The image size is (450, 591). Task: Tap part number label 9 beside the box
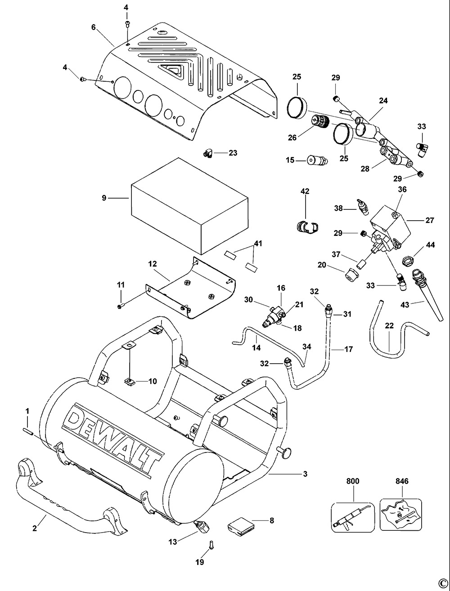[x=104, y=197]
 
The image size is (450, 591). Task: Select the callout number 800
[x=353, y=481]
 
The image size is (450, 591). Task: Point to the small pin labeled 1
[x=27, y=431]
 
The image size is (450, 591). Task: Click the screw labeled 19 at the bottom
[x=211, y=545]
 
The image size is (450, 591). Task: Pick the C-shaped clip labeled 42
[x=306, y=227]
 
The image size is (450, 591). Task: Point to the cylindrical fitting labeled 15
[x=317, y=160]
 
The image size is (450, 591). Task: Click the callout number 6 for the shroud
[x=93, y=27]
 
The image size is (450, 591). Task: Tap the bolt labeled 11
[x=120, y=306]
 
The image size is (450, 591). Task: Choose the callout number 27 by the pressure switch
[x=429, y=221]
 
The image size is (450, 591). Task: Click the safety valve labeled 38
[x=362, y=206]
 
